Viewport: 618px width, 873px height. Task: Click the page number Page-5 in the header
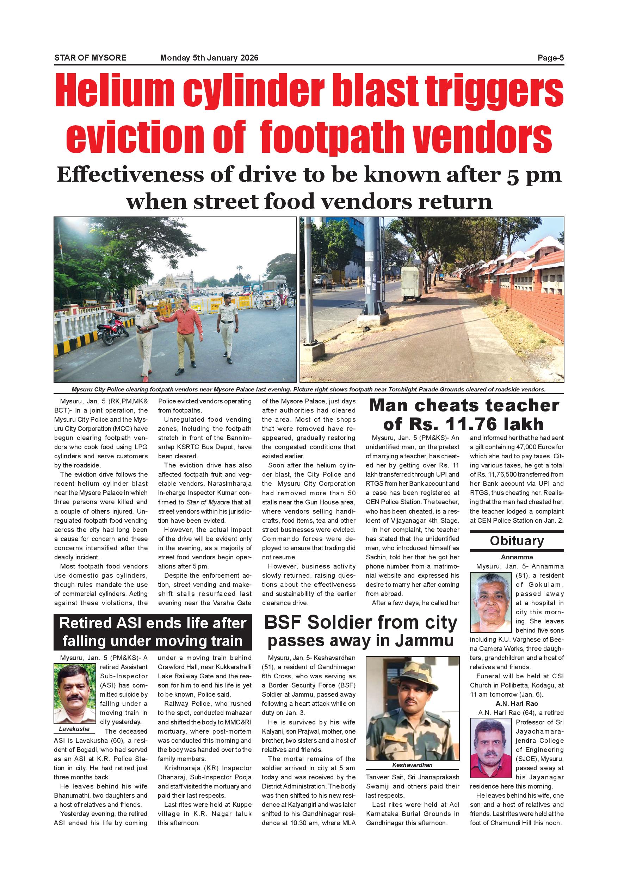click(550, 58)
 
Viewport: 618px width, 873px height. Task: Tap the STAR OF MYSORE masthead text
click(90, 58)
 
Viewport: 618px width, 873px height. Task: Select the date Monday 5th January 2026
click(209, 58)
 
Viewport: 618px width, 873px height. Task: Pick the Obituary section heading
click(517, 541)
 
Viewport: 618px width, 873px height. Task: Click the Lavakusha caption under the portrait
click(74, 729)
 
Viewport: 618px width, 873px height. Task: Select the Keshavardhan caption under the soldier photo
click(412, 765)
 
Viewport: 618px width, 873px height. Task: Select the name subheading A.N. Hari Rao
click(517, 703)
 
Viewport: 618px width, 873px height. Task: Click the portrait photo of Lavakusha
click(75, 694)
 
